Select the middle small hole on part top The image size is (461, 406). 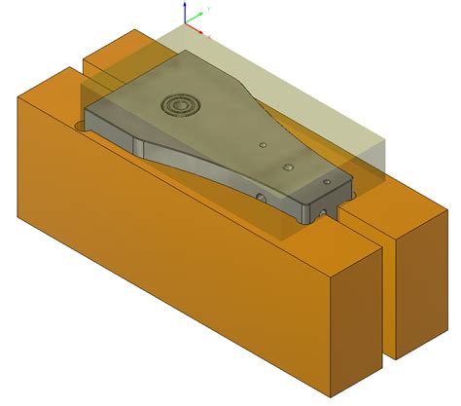[289, 166]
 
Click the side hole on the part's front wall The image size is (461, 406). [261, 197]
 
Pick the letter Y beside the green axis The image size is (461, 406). [210, 9]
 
